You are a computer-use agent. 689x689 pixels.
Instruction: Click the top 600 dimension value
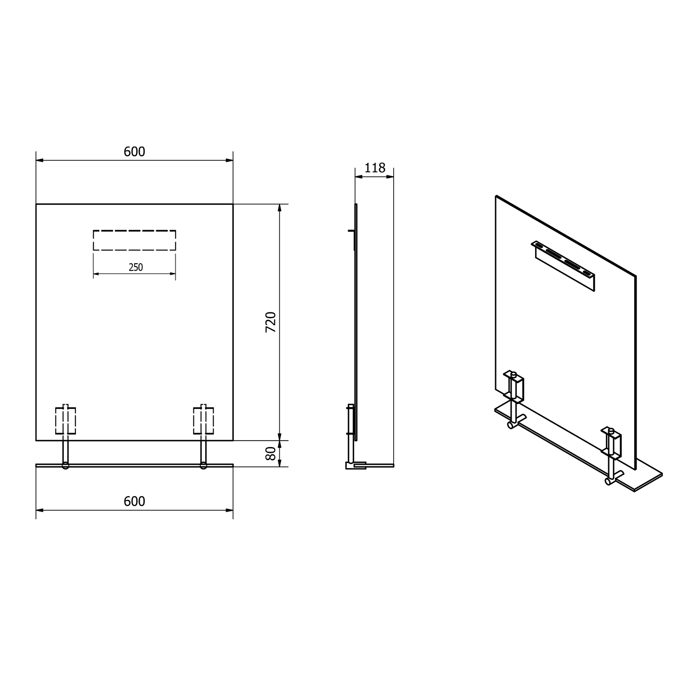coord(135,152)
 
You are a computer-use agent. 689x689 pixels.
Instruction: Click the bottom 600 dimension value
coord(135,501)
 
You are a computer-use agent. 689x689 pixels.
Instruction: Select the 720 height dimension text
coord(271,322)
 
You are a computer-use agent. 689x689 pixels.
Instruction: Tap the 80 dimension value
coord(271,453)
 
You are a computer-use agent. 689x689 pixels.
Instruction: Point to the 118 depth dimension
coord(375,168)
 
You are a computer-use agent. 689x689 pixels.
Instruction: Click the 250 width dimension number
coord(136,267)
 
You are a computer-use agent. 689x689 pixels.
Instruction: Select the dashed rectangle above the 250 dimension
coord(135,240)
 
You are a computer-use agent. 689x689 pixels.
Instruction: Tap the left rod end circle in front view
coord(65,466)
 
